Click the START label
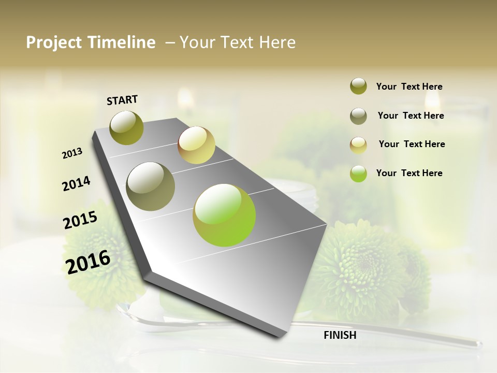[x=122, y=100]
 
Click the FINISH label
[x=340, y=335]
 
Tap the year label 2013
[x=72, y=153]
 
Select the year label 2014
[x=76, y=183]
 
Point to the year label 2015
[x=80, y=220]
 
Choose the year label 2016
[x=88, y=262]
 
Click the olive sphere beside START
[x=126, y=127]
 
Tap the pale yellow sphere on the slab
[x=196, y=145]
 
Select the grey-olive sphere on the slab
[x=151, y=187]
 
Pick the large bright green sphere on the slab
[x=224, y=215]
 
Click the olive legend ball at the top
[x=358, y=87]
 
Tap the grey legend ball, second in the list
[x=358, y=116]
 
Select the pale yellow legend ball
[x=358, y=145]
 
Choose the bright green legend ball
[x=358, y=174]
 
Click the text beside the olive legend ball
[x=409, y=87]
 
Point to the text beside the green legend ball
[x=409, y=173]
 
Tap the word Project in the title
[x=54, y=42]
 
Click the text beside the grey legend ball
[x=411, y=116]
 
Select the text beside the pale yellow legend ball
[x=412, y=144]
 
